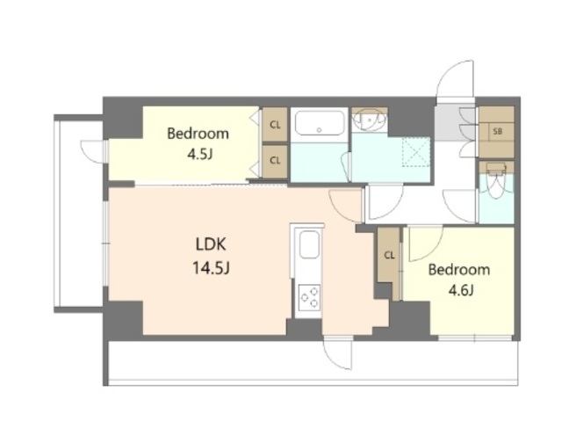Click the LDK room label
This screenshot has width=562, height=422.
point(211,244)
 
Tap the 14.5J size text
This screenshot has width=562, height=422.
point(211,267)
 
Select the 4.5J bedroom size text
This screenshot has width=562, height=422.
point(200,155)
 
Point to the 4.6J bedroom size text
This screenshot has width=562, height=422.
point(461,290)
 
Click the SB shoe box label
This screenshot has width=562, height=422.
point(497,131)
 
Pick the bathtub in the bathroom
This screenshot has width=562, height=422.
point(319,123)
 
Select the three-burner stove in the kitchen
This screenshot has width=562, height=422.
point(310,296)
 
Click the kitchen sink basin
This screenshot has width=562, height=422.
point(309,244)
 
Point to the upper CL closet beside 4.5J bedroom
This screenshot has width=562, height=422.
point(275,125)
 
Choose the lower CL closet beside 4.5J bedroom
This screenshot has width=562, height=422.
point(275,161)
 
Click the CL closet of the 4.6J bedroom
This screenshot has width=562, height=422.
point(389,255)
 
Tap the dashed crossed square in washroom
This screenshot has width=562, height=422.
point(415,152)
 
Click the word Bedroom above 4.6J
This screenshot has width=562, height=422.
point(459,270)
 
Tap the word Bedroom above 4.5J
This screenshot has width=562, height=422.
point(198,134)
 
